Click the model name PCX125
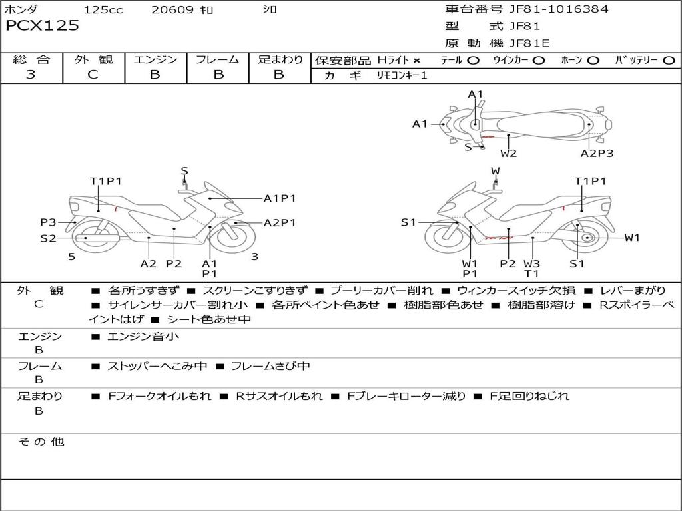coord(42,26)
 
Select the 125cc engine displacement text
coord(103,10)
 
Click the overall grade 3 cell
coord(31,75)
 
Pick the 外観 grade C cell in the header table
coord(93,75)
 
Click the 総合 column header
coord(31,60)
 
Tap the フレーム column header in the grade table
coord(218,60)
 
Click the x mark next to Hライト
coord(417,61)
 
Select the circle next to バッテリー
coord(669,61)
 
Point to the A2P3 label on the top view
coord(597,154)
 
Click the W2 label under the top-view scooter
coord(509,154)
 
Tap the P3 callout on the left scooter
coord(48,222)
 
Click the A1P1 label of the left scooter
coord(280,198)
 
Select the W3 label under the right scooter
coord(531,263)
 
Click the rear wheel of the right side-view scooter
coord(587,238)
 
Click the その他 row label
coord(41,442)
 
